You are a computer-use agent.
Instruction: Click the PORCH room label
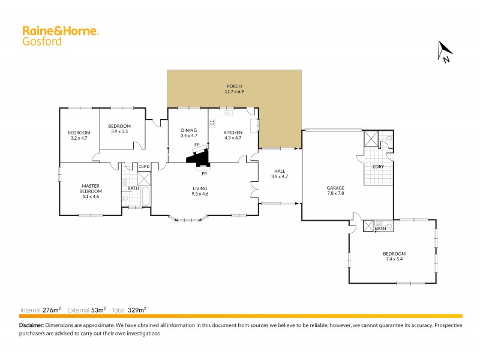pyautogui.click(x=234, y=86)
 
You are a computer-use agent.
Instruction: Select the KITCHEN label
pyautogui.click(x=233, y=132)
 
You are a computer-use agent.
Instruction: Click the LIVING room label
pyautogui.click(x=200, y=188)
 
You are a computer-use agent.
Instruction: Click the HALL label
pyautogui.click(x=280, y=171)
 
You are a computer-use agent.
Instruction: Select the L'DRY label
pyautogui.click(x=378, y=166)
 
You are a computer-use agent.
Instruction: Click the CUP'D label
pyautogui.click(x=144, y=166)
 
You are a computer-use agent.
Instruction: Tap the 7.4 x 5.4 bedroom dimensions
pyautogui.click(x=395, y=260)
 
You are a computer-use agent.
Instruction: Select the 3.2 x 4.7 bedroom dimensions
pyautogui.click(x=79, y=138)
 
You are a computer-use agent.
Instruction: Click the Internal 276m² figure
pyautogui.click(x=52, y=310)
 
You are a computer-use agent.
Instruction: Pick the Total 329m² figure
pyautogui.click(x=137, y=310)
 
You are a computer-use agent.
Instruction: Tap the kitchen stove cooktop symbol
pyautogui.click(x=212, y=122)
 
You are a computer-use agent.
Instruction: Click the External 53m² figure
pyautogui.click(x=98, y=310)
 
